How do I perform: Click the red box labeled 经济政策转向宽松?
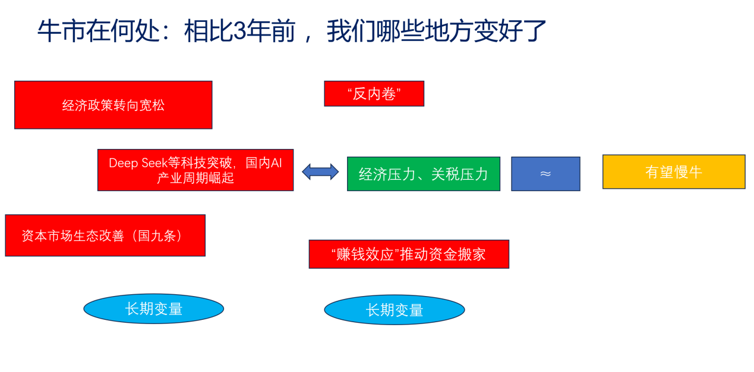[113, 105]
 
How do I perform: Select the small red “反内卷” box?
[374, 94]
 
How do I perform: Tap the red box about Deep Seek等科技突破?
[195, 170]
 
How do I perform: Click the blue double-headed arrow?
[320, 172]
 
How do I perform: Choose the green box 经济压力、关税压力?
[423, 174]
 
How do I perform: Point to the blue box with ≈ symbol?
[545, 174]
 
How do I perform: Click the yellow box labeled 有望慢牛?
[673, 172]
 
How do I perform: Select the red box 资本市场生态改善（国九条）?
[105, 236]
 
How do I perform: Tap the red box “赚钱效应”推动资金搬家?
[409, 255]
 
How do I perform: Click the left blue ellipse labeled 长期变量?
[153, 309]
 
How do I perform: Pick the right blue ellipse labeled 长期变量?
[394, 310]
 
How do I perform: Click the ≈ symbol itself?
[545, 174]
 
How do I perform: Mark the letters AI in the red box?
[276, 163]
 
